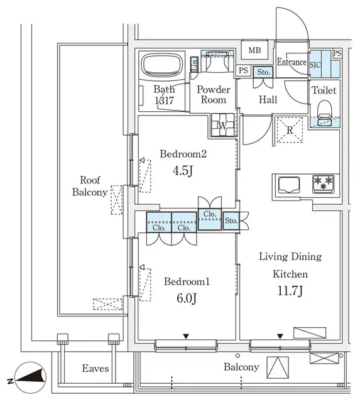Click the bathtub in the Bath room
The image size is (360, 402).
tap(161, 65)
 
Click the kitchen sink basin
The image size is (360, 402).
tap(288, 185)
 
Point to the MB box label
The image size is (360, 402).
tap(254, 51)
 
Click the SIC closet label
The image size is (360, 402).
tap(316, 63)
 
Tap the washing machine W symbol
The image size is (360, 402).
tap(222, 124)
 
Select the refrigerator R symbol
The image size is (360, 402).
tap(290, 131)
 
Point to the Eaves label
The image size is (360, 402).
tap(95, 369)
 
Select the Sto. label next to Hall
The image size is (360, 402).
tap(263, 72)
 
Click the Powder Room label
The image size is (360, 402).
tap(214, 95)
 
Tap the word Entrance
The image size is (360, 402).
tap(292, 62)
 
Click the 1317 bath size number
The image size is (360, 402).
tap(165, 100)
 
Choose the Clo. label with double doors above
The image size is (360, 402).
tap(210, 214)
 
